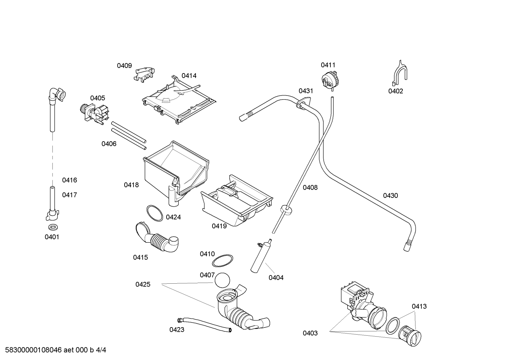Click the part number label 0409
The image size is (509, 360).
[124, 66]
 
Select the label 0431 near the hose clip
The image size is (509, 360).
[306, 91]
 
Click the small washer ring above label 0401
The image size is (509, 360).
[53, 227]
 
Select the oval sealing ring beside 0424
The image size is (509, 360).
[155, 213]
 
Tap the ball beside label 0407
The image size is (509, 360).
[222, 281]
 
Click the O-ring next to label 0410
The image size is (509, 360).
[222, 261]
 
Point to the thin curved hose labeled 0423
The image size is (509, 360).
[204, 325]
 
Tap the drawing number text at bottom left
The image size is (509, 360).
[56, 350]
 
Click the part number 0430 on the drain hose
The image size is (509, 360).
[390, 196]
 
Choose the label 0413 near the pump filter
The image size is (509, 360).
[419, 306]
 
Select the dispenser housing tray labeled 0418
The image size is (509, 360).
[176, 173]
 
